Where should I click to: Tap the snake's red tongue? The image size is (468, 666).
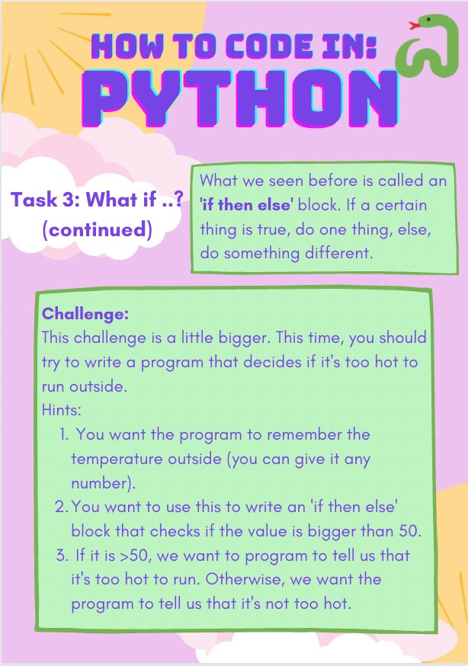(x=415, y=26)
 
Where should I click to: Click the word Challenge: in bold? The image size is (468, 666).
(x=85, y=314)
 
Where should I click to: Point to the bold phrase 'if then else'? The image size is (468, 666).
(x=247, y=206)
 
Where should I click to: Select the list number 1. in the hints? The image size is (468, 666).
(x=64, y=435)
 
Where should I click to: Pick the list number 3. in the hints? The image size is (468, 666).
(x=63, y=556)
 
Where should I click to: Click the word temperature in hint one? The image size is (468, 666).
(x=113, y=459)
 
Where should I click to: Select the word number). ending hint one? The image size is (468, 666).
(x=103, y=483)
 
